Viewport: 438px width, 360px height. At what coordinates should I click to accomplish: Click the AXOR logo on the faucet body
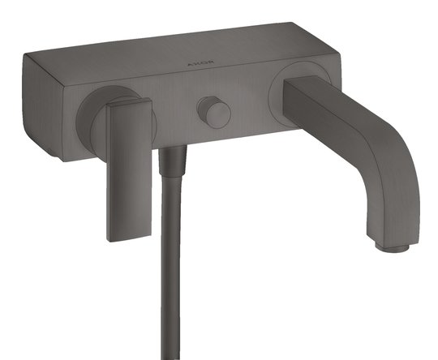(x=201, y=63)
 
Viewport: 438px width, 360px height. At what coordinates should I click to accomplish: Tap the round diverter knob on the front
(x=213, y=112)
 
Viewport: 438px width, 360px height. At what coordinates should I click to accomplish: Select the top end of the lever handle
(x=129, y=102)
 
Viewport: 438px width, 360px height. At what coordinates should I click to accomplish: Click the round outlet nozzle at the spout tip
(x=393, y=246)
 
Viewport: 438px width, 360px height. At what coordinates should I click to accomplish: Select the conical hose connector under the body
(x=172, y=161)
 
